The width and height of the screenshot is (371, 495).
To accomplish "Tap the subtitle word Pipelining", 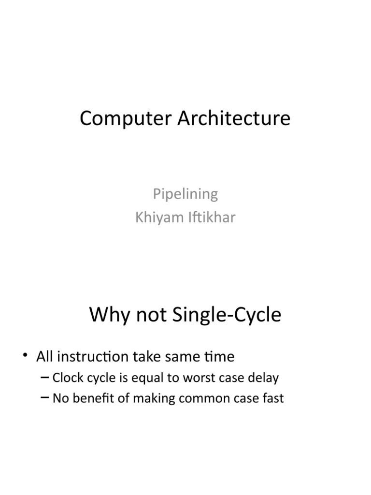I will [x=185, y=194].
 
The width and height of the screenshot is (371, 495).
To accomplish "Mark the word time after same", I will [x=218, y=357].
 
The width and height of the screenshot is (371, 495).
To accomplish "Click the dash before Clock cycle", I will [x=46, y=378].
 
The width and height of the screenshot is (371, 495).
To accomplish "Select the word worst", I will [x=202, y=378].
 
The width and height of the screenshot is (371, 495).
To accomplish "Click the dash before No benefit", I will [x=46, y=398].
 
